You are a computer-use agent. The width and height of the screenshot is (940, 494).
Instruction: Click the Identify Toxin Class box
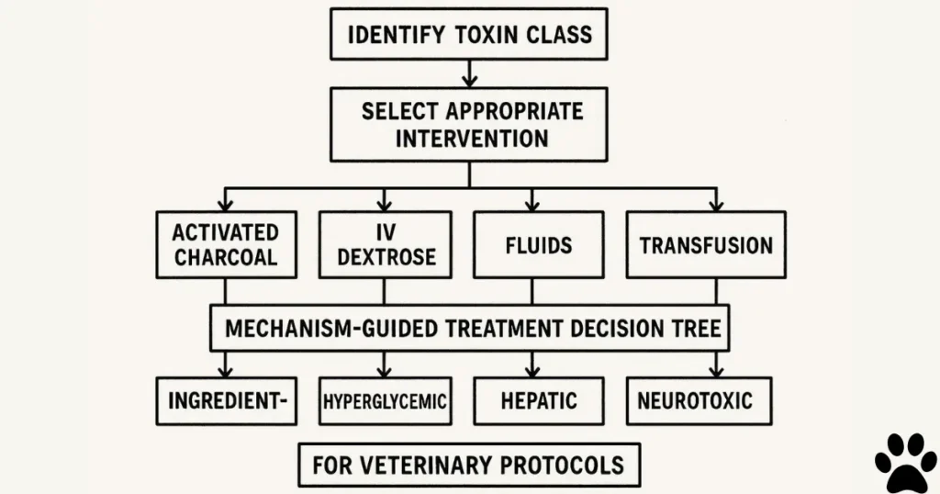(x=469, y=35)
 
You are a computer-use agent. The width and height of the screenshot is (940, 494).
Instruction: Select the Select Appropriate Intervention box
(x=469, y=125)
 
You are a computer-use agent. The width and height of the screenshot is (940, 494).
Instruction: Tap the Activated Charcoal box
(x=226, y=244)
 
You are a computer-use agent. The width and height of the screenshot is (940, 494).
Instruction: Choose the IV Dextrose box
(x=385, y=244)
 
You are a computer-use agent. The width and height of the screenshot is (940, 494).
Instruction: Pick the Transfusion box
(x=705, y=244)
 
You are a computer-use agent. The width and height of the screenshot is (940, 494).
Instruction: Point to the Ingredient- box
(x=226, y=401)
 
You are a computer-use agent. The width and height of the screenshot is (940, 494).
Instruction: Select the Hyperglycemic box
(x=385, y=401)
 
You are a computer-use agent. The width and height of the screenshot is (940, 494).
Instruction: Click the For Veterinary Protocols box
(x=469, y=465)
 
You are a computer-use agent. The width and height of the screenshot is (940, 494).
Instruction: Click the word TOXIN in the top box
(x=487, y=35)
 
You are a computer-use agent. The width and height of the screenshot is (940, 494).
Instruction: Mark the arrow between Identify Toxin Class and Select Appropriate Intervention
(x=469, y=72)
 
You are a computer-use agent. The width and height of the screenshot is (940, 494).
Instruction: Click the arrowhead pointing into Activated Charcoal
(x=226, y=202)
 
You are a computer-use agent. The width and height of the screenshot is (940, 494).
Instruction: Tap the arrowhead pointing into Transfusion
(x=716, y=202)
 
